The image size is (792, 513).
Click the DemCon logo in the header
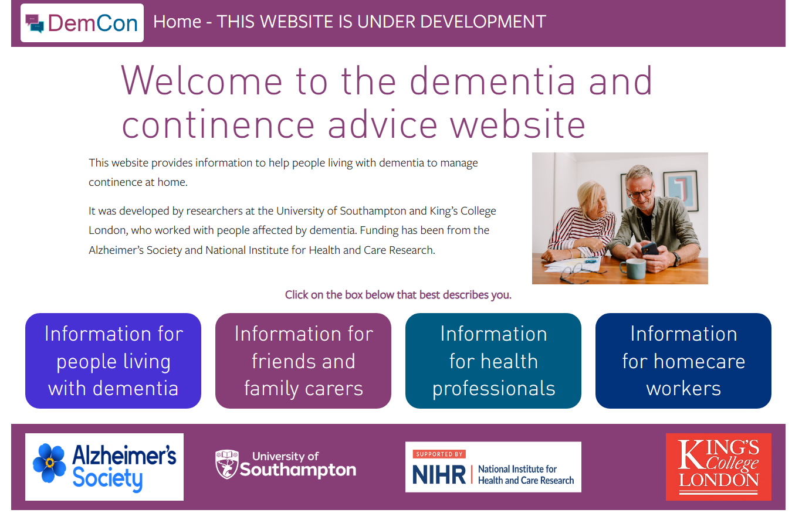click(82, 23)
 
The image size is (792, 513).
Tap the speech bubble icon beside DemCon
click(35, 23)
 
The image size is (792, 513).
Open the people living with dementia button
click(113, 361)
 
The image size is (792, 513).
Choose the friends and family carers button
click(303, 361)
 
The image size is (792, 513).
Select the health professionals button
click(493, 361)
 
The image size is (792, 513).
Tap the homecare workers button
click(683, 361)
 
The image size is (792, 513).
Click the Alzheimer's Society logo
click(104, 467)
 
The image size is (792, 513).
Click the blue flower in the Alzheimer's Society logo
click(49, 463)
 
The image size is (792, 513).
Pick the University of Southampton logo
click(286, 465)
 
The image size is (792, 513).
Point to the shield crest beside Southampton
click(226, 464)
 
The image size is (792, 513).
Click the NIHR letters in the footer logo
click(439, 474)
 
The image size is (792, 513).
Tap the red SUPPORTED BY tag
click(439, 454)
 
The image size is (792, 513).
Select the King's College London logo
click(719, 467)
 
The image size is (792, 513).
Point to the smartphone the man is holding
click(650, 249)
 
